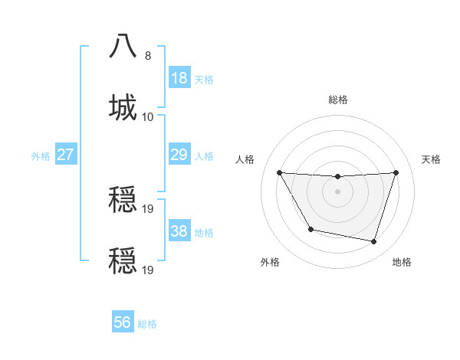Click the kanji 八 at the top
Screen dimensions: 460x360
click(x=123, y=46)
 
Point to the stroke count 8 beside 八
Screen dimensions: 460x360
click(x=148, y=56)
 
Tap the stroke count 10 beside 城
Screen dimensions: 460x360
click(x=148, y=116)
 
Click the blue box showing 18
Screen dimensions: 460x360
click(x=179, y=78)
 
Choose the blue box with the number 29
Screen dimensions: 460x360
click(x=179, y=155)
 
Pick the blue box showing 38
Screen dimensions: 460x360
click(x=179, y=231)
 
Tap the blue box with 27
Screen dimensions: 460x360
click(x=65, y=155)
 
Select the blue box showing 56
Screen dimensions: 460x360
click(x=123, y=322)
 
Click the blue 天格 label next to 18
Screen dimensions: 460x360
click(x=204, y=80)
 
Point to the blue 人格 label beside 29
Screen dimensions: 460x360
click(x=204, y=156)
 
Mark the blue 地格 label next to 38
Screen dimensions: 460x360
click(x=204, y=233)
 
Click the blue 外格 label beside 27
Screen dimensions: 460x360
click(x=41, y=156)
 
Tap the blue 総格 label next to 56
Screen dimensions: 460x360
click(x=147, y=324)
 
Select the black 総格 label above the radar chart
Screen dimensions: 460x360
click(x=338, y=100)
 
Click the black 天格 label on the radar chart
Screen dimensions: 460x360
click(x=432, y=159)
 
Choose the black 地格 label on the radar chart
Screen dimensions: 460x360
click(x=402, y=263)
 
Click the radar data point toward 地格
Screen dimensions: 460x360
click(x=374, y=242)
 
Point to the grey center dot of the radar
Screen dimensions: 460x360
click(x=338, y=191)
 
